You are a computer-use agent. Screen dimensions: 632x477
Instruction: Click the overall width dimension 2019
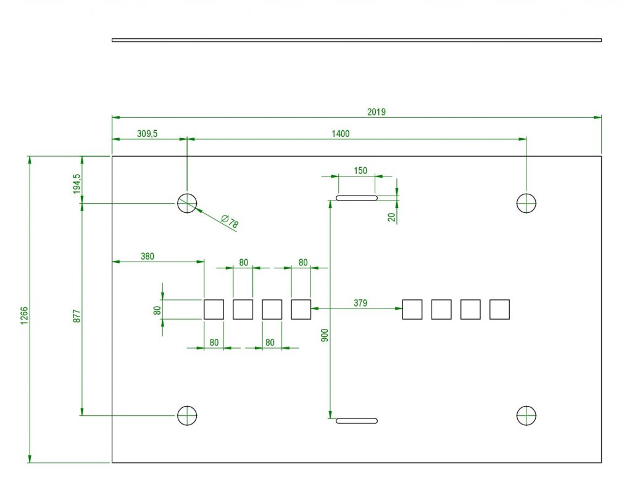376,112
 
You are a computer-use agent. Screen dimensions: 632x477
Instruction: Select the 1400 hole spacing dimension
341,134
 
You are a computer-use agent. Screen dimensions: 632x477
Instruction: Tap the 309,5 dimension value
147,134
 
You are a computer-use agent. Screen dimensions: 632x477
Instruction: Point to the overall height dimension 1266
25,316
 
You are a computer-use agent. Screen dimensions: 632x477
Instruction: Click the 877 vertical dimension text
77,316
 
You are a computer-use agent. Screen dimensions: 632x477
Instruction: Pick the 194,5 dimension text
77,184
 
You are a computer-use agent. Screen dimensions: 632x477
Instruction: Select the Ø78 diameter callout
230,221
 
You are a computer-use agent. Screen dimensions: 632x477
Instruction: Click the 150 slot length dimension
360,171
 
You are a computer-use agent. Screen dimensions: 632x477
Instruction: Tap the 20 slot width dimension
391,217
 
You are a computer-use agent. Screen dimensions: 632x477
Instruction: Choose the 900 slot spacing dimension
325,335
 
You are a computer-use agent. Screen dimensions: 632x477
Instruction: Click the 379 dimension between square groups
360,303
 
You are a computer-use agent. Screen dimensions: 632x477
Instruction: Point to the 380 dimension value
148,256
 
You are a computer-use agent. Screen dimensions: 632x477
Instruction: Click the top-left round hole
187,193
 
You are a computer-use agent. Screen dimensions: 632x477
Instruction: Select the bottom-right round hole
526,405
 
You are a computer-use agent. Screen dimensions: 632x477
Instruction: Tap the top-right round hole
526,193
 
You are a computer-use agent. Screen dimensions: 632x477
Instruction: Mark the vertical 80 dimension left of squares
157,310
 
